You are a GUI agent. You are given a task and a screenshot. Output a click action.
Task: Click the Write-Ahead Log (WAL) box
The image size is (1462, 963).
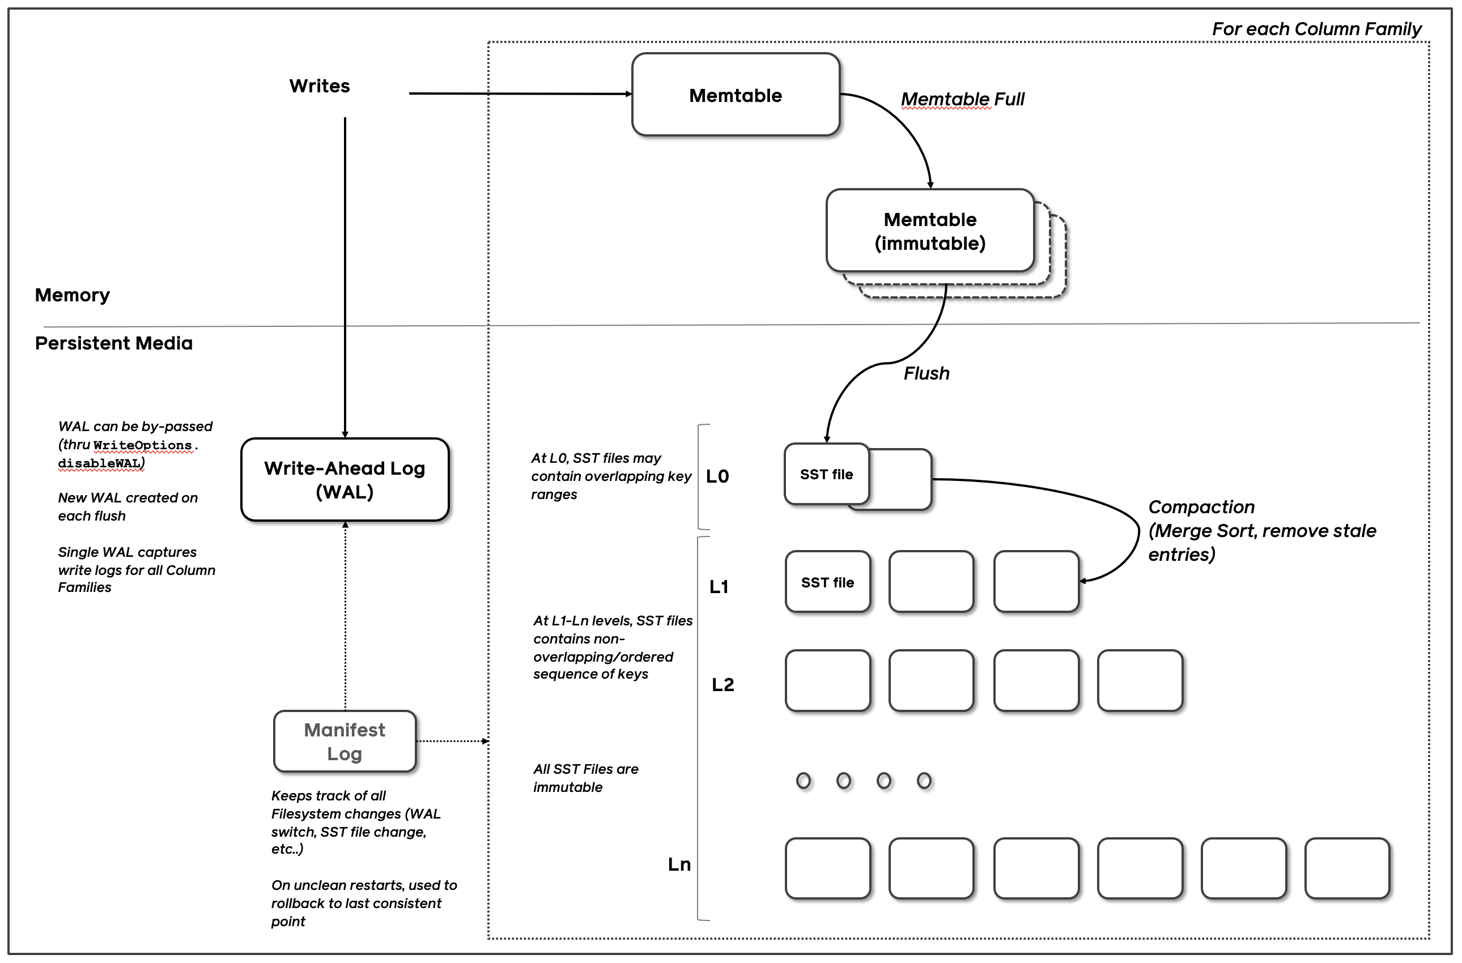(x=345, y=480)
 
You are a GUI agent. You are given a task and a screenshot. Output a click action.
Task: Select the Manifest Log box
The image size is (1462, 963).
(x=345, y=742)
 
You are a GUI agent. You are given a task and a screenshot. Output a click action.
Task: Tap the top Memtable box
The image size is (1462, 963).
(x=736, y=95)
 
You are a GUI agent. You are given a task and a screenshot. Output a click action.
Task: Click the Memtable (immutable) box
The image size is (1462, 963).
(x=929, y=231)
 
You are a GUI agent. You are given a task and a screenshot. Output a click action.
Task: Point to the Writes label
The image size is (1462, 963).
(x=320, y=86)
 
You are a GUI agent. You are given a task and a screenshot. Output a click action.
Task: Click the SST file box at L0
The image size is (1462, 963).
(x=826, y=474)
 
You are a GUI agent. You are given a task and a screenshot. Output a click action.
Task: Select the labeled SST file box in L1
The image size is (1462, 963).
(x=827, y=582)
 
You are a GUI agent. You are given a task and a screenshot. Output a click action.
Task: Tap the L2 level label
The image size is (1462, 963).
(x=722, y=685)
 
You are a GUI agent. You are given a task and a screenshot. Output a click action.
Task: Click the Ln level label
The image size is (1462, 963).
(x=679, y=865)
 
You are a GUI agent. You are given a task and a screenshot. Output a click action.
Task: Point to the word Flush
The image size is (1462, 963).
(x=926, y=373)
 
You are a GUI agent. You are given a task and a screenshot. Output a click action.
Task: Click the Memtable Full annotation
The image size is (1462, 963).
(x=962, y=100)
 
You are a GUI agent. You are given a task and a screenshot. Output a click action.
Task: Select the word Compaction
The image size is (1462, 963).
(x=1201, y=508)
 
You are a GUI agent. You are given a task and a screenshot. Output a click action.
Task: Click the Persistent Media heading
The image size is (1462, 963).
(x=114, y=343)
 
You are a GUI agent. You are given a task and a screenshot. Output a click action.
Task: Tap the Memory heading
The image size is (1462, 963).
(x=73, y=295)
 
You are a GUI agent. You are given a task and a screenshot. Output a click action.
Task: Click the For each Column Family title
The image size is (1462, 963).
(x=1316, y=29)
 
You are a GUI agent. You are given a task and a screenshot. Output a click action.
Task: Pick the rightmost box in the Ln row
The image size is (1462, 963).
(x=1347, y=868)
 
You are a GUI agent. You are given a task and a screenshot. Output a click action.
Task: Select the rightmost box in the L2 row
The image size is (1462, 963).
(x=1140, y=680)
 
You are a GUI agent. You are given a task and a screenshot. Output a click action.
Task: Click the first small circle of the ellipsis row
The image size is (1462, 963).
(x=803, y=781)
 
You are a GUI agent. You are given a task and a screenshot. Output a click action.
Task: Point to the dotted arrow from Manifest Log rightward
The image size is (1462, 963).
(x=452, y=742)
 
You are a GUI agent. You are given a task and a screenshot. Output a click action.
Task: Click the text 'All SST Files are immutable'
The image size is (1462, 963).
(x=585, y=778)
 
